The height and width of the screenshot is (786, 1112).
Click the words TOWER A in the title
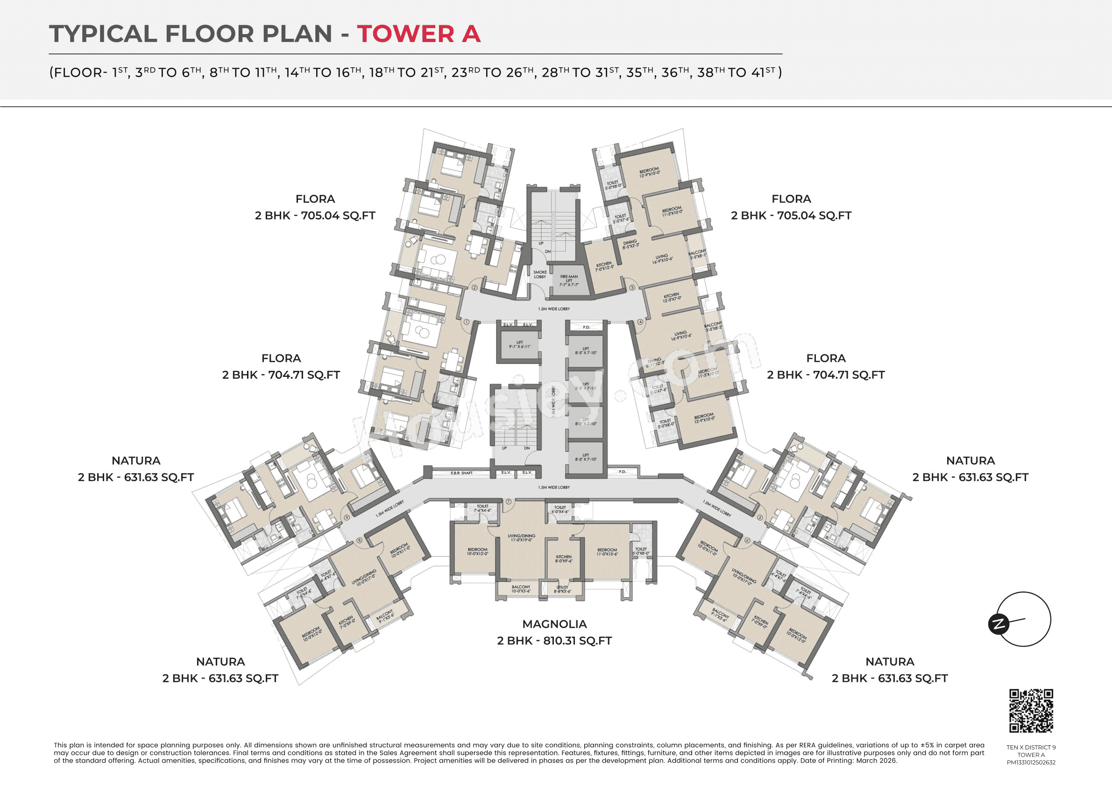pyautogui.click(x=418, y=34)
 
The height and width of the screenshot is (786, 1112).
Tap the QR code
pyautogui.click(x=1031, y=710)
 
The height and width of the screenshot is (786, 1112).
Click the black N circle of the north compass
pyautogui.click(x=998, y=624)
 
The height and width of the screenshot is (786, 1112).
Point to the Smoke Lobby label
pyautogui.click(x=540, y=275)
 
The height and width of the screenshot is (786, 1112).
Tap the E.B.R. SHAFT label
pyautogui.click(x=461, y=473)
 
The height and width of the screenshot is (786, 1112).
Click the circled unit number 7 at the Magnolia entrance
pyautogui.click(x=509, y=502)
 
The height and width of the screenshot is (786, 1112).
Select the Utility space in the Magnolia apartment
pyautogui.click(x=562, y=589)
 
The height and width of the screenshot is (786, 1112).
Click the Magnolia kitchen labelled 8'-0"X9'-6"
pyautogui.click(x=564, y=559)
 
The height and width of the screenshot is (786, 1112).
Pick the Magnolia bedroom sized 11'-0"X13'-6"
pyautogui.click(x=607, y=552)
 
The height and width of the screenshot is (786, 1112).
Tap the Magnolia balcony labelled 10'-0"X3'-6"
pyautogui.click(x=521, y=589)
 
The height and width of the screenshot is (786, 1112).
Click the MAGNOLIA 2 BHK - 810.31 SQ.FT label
pyautogui.click(x=554, y=632)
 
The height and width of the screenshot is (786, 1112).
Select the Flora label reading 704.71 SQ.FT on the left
pyautogui.click(x=281, y=367)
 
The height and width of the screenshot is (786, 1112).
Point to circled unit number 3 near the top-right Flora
pyautogui.click(x=632, y=288)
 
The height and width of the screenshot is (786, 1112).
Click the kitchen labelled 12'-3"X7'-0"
pyautogui.click(x=671, y=297)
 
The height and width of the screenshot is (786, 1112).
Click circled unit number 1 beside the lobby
pyautogui.click(x=467, y=322)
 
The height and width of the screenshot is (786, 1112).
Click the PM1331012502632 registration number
pyautogui.click(x=1031, y=762)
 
